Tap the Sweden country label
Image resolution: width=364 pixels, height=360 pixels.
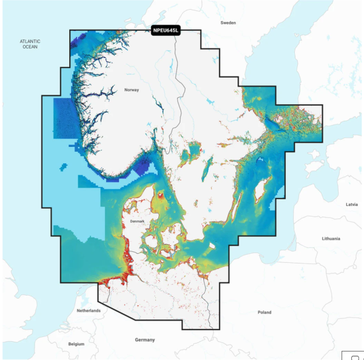tap(228, 22)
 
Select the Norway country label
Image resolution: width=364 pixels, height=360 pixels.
tap(132, 90)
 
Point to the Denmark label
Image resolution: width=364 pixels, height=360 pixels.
tap(138, 222)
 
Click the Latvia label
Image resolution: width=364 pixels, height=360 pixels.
tap(351, 205)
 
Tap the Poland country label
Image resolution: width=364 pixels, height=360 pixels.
tap(265, 312)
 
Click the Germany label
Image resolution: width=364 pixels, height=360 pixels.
tap(145, 340)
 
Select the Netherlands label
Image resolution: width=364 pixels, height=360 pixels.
tap(89, 310)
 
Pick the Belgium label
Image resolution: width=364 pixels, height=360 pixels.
tap(76, 344)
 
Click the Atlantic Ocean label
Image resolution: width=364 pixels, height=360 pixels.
tap(30, 44)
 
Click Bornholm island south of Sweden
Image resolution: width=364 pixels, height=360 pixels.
tap(212, 246)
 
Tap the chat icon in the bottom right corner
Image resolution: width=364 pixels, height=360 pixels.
tap(354, 355)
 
